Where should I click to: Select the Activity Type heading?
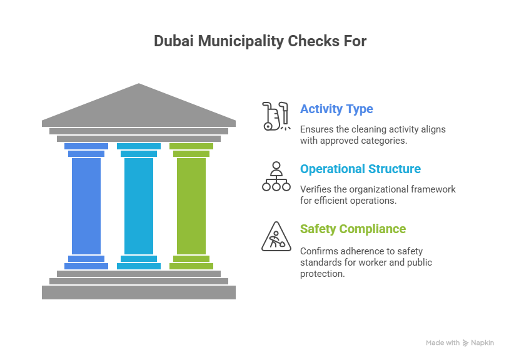click(336, 109)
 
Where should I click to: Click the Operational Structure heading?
click(360, 169)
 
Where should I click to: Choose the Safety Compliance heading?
click(353, 229)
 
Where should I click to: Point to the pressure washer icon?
click(275, 116)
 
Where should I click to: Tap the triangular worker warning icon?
click(276, 236)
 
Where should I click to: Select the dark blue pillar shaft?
click(86, 206)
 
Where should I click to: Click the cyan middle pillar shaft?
click(139, 206)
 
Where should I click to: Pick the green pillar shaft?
click(191, 206)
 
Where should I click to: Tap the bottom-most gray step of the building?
click(139, 292)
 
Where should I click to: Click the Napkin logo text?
click(482, 343)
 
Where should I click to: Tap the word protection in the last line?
click(321, 274)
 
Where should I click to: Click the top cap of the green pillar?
click(191, 146)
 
